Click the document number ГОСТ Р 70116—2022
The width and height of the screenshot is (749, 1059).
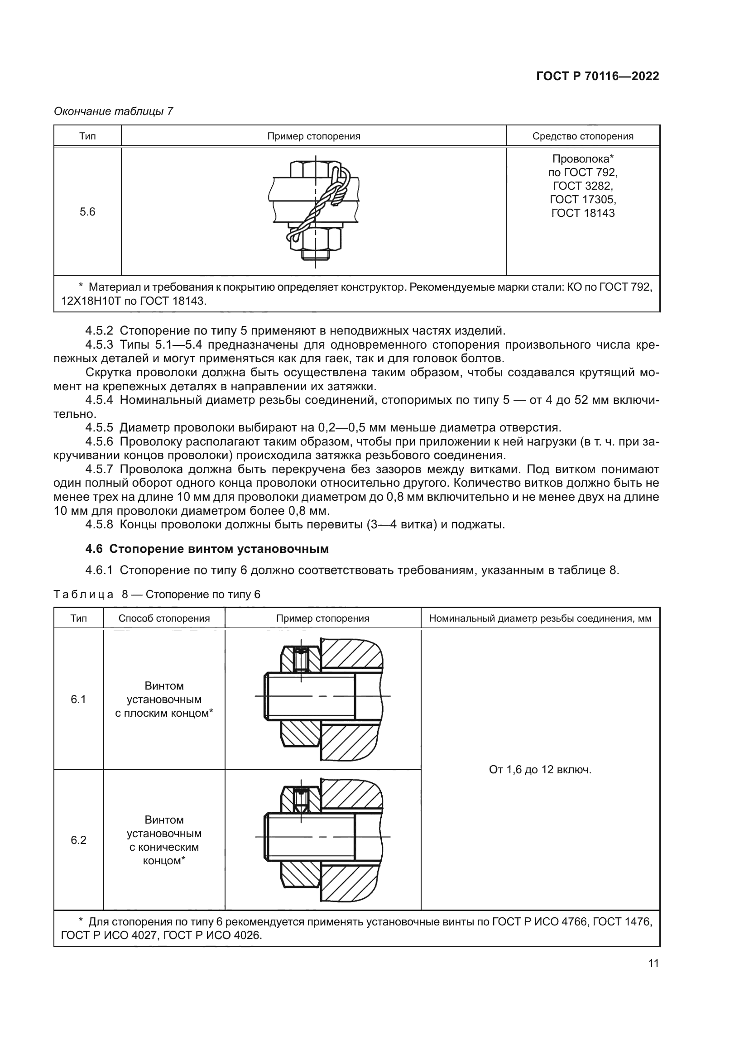[x=597, y=77]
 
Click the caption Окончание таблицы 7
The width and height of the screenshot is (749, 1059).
[x=114, y=111]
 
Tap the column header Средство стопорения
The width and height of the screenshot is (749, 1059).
[x=582, y=136]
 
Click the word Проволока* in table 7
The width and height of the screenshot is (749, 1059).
[x=582, y=158]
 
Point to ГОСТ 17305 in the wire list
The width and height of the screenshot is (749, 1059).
[x=582, y=199]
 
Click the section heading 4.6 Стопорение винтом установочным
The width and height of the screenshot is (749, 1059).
[x=207, y=549]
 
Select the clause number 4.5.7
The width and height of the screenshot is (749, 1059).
[x=99, y=470]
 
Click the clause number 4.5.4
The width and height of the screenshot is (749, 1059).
[x=99, y=400]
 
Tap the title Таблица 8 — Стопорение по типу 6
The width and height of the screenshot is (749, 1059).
[x=157, y=594]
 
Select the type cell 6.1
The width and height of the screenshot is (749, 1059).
[x=78, y=699]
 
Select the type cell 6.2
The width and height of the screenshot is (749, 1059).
[x=78, y=840]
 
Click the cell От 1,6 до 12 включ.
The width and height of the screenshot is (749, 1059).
[x=540, y=770]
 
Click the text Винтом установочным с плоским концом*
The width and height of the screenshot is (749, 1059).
[x=164, y=699]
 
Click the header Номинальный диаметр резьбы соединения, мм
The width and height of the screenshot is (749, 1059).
[x=540, y=618]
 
